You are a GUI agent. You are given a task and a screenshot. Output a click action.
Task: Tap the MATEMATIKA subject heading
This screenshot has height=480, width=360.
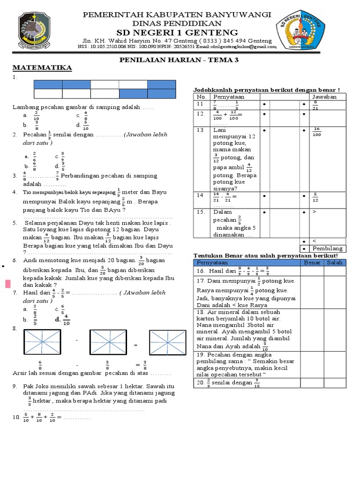[x=42, y=68]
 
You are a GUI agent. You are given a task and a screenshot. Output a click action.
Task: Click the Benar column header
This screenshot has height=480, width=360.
[x=312, y=262]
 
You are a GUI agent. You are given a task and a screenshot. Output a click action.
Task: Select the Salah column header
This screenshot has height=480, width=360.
[x=335, y=262]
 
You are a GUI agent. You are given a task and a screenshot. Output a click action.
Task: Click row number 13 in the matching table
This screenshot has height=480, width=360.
[x=201, y=130]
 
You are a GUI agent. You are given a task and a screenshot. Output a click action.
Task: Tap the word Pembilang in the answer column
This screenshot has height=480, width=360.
[x=328, y=248]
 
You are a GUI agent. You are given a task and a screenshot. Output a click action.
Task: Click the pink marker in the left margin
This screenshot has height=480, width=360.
[x=8, y=284]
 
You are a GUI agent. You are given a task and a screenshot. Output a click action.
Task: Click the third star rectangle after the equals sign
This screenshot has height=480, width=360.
[x=167, y=345]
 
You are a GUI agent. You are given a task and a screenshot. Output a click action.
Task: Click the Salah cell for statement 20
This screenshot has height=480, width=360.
[x=335, y=383]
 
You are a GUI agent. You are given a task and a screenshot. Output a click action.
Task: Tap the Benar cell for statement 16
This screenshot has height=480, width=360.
[x=312, y=271]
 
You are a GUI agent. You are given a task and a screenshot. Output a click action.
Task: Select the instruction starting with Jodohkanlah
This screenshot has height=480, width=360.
[x=266, y=90]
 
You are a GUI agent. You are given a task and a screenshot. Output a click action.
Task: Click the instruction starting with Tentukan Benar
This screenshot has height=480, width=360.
[x=266, y=255]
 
